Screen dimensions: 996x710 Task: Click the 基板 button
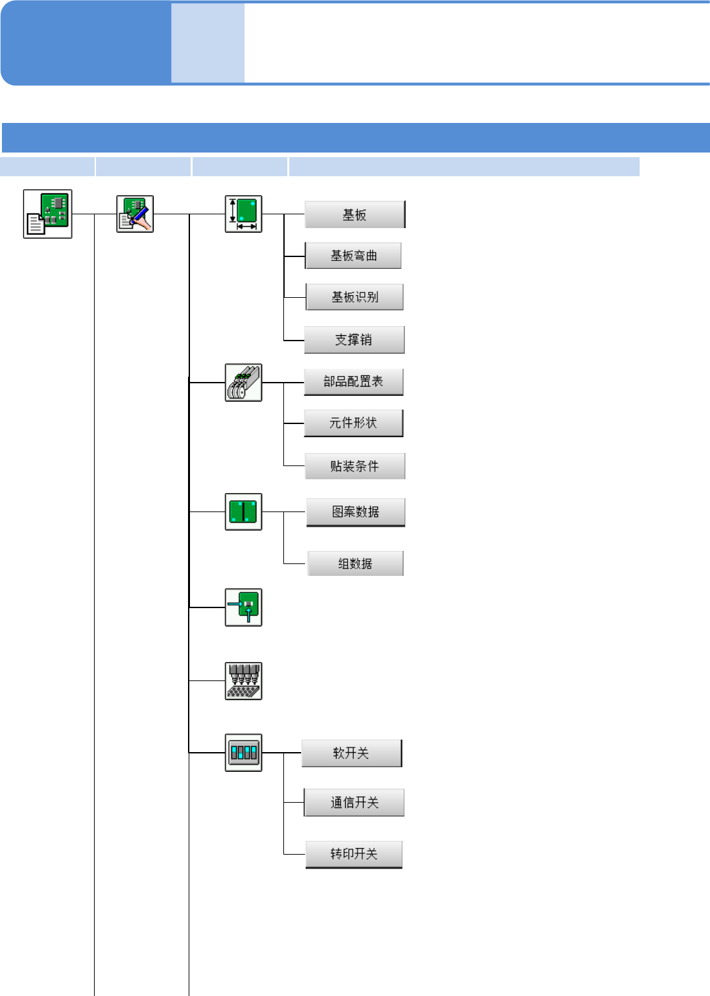click(355, 215)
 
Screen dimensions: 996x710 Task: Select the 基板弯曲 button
click(354, 256)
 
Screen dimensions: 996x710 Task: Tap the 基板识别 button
click(355, 297)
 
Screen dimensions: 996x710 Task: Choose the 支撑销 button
click(354, 340)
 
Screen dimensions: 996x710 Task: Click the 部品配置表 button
click(354, 382)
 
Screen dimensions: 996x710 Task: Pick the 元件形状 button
click(354, 423)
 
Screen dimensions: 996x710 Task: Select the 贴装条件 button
click(355, 466)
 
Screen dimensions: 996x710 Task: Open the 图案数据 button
click(356, 512)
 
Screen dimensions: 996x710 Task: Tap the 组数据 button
click(356, 563)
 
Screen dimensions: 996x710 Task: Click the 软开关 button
click(352, 753)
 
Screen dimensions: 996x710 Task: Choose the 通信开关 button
click(354, 803)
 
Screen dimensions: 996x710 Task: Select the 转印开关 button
click(354, 855)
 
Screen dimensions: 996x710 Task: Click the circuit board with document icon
click(47, 214)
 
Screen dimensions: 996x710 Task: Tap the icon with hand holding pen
click(135, 214)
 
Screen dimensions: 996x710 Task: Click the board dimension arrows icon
click(243, 214)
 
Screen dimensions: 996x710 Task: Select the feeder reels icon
click(243, 383)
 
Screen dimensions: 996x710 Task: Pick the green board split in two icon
click(243, 511)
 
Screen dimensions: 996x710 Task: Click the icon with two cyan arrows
click(243, 607)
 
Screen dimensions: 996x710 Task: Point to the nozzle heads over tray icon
click(243, 681)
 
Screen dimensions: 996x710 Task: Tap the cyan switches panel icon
click(243, 753)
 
